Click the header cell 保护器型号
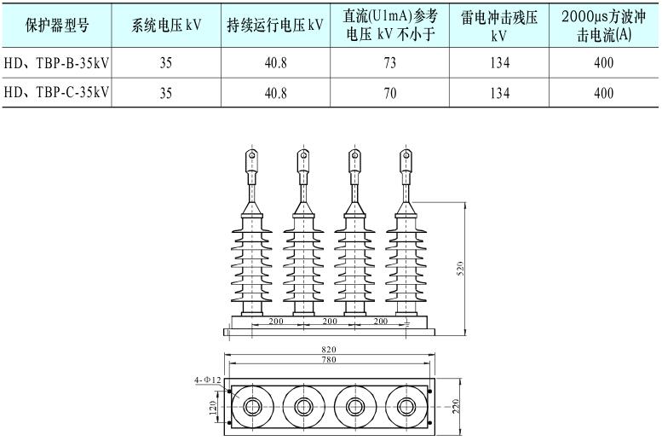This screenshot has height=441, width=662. pyautogui.click(x=58, y=26)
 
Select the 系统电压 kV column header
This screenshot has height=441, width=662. pyautogui.click(x=166, y=26)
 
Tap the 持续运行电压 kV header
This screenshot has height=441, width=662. pyautogui.click(x=275, y=26)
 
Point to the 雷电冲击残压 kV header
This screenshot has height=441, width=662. pyautogui.click(x=498, y=26)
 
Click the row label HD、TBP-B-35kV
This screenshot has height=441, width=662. pyautogui.click(x=58, y=62)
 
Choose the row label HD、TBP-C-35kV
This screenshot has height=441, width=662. pyautogui.click(x=58, y=93)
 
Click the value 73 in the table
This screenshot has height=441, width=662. pyautogui.click(x=390, y=62)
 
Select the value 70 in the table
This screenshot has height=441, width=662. pyautogui.click(x=390, y=93)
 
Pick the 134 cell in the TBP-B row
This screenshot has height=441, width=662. pyautogui.click(x=498, y=62)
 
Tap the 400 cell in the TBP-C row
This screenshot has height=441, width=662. pyautogui.click(x=603, y=93)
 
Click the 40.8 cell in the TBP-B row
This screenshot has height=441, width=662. pyautogui.click(x=275, y=62)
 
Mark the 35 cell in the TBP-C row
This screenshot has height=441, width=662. pyautogui.click(x=166, y=93)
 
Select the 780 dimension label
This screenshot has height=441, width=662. pyautogui.click(x=330, y=361)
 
